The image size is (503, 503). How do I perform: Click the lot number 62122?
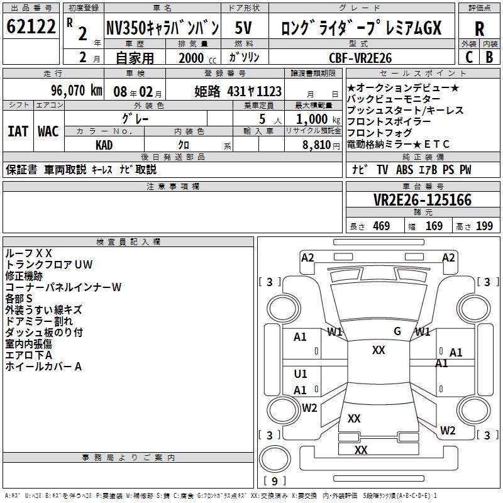31,27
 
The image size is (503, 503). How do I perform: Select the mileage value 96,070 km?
77,91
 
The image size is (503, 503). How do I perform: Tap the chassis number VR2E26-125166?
423,200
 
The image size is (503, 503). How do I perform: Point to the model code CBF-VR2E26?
360,57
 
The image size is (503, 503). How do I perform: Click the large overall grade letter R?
479,29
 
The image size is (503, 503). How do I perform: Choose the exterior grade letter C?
468,57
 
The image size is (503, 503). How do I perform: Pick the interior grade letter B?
489,57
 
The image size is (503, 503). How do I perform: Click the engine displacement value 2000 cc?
194,58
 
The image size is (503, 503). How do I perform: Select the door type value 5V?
245,28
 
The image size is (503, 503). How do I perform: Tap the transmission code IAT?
18,131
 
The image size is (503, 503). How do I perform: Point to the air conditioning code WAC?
48,131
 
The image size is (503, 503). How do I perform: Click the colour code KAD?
104,145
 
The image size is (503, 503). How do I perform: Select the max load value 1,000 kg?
314,119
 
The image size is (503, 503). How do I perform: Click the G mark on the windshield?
397,331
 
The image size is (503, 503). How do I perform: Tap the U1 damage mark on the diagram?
301,374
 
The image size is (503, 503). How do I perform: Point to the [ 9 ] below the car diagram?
274,481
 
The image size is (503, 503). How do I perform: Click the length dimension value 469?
381,226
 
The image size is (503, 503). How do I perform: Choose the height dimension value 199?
484,226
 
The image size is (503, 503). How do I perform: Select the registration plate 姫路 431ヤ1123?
238,91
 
